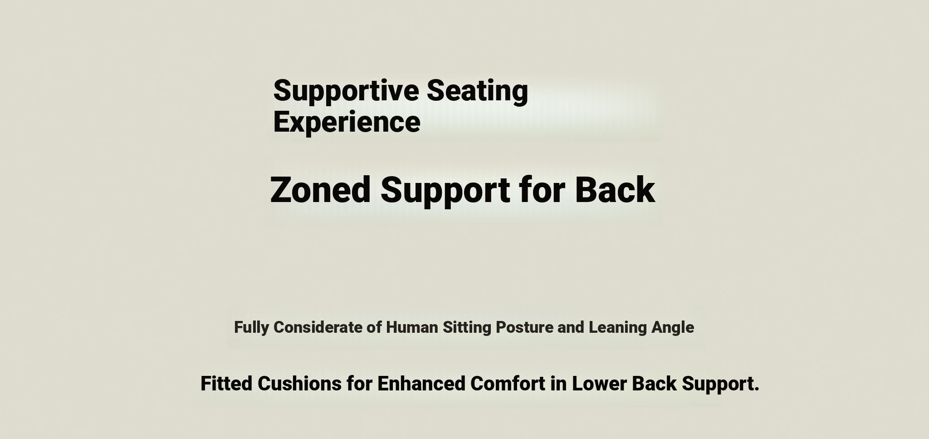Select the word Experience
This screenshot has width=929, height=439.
point(347,123)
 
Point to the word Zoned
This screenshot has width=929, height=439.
point(320,189)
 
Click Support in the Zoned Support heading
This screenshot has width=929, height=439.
point(445,191)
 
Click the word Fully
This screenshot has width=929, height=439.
point(251,328)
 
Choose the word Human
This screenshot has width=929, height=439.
point(412,327)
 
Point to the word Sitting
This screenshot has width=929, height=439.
point(467,328)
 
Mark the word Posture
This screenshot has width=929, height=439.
point(524,327)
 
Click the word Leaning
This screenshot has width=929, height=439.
point(618,328)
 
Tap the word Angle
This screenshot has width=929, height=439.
point(673,328)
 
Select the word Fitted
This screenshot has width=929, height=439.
point(226,384)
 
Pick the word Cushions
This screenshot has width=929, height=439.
point(299,384)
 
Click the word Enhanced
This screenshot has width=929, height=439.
point(421,384)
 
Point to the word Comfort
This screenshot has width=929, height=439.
point(508,384)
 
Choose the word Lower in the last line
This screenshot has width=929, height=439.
point(599,384)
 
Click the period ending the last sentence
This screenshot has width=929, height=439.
point(757,389)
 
